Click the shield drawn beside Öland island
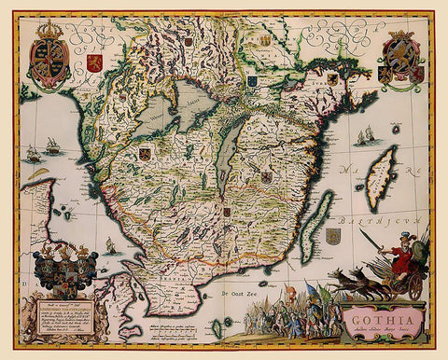[332, 236]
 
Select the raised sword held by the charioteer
[378, 242]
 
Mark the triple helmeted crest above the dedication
[63, 268]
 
